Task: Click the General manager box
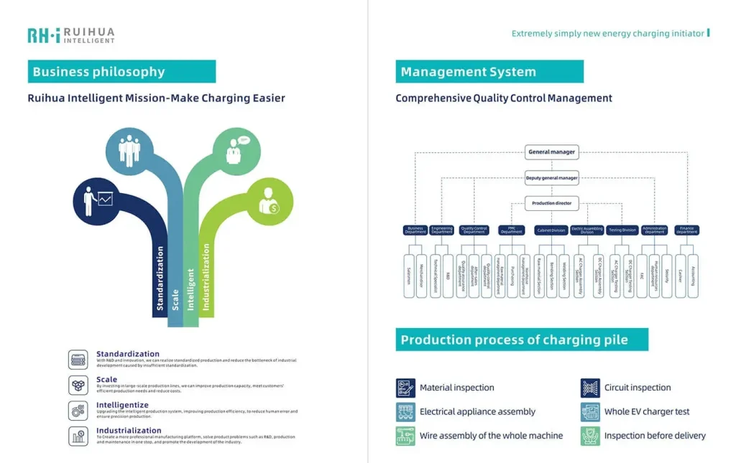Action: pyautogui.click(x=551, y=152)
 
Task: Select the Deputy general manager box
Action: pyautogui.click(x=551, y=178)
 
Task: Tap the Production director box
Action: pyautogui.click(x=551, y=204)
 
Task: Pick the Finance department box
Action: pyautogui.click(x=686, y=230)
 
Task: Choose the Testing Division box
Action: pyautogui.click(x=622, y=230)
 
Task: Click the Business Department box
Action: pyautogui.click(x=415, y=230)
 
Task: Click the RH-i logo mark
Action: pyautogui.click(x=43, y=35)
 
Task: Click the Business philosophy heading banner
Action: pyautogui.click(x=121, y=72)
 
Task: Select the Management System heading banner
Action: pyautogui.click(x=489, y=72)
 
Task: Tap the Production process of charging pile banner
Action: pyautogui.click(x=521, y=340)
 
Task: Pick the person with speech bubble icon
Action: pyautogui.click(x=236, y=150)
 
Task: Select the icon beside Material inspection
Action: pyautogui.click(x=405, y=388)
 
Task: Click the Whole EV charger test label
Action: pyautogui.click(x=646, y=412)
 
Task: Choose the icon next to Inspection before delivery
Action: pyautogui.click(x=590, y=436)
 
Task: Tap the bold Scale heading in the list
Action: pyautogui.click(x=106, y=380)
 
